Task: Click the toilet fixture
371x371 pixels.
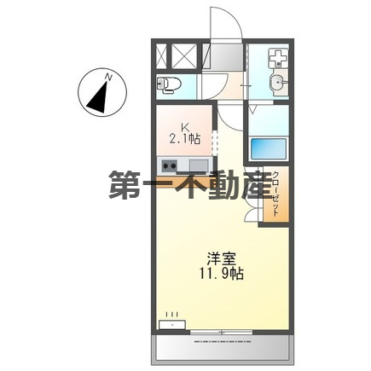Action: point(169,84)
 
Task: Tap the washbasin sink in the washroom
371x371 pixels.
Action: point(277,83)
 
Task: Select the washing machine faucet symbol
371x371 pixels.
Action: point(277,59)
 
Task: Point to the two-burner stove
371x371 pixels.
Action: point(169,165)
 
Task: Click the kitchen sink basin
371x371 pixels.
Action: point(198,165)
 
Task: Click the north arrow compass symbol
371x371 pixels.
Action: point(100,94)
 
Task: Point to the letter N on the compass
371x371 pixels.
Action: point(108,78)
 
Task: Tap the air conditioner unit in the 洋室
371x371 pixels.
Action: point(173,322)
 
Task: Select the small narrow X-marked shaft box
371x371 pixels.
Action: point(163,57)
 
